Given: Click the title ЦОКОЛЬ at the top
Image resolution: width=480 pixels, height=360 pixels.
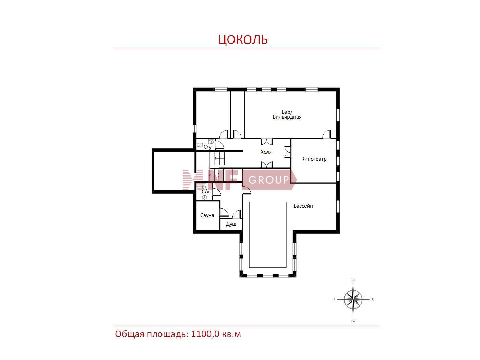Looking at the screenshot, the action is pyautogui.click(x=243, y=39).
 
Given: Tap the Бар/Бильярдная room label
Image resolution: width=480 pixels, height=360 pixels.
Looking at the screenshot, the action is pyautogui.click(x=287, y=115).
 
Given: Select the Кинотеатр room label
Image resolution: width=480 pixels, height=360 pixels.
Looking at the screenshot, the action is pyautogui.click(x=314, y=159).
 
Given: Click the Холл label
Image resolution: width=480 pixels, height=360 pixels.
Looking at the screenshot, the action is pyautogui.click(x=266, y=152).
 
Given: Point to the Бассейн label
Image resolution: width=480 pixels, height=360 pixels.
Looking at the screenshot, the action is pyautogui.click(x=303, y=206).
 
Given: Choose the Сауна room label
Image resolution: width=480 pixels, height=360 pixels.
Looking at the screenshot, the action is pyautogui.click(x=207, y=215).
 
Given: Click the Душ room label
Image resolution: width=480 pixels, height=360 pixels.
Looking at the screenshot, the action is pyautogui.click(x=231, y=224).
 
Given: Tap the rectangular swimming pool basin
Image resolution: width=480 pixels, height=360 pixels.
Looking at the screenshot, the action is pyautogui.click(x=268, y=235).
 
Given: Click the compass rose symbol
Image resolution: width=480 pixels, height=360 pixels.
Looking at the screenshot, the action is pyautogui.click(x=353, y=299).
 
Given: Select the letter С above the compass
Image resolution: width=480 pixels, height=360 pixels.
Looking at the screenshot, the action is pyautogui.click(x=353, y=280).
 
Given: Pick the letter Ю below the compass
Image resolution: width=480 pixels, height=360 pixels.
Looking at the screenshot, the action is pyautogui.click(x=353, y=320).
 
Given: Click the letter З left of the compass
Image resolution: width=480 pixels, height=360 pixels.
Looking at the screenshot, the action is pyautogui.click(x=334, y=299).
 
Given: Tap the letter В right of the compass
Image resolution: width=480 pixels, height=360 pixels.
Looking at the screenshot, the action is pyautogui.click(x=372, y=300).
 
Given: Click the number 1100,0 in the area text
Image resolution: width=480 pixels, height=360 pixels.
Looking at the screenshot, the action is pyautogui.click(x=205, y=334).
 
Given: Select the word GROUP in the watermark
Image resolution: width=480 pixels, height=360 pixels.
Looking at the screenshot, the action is pyautogui.click(x=268, y=180).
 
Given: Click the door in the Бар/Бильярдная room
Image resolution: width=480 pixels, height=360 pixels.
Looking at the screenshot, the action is pyautogui.click(x=326, y=134).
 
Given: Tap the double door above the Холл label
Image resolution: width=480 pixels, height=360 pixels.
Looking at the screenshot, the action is pyautogui.click(x=266, y=142).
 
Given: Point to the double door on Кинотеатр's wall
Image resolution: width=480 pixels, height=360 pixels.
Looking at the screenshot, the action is pyautogui.click(x=288, y=152).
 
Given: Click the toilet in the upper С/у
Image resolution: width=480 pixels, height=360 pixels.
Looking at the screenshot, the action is pyautogui.click(x=200, y=145).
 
